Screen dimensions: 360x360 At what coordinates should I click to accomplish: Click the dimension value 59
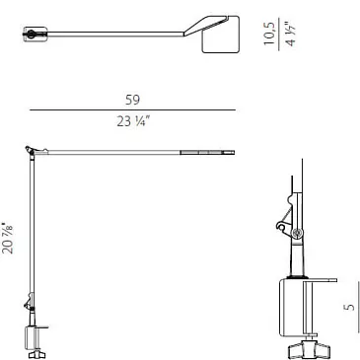pos(132,100)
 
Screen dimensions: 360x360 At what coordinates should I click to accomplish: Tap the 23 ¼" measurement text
pos(133,122)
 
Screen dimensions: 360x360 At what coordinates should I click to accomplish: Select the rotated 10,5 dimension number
pos(269,34)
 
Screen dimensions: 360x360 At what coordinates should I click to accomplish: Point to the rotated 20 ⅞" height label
pos(8,240)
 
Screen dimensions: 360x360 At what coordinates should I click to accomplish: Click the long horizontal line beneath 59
pos(133,109)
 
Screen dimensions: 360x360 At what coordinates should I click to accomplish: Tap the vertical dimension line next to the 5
pos(358,307)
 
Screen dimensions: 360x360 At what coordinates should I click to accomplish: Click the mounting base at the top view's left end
pos(35,35)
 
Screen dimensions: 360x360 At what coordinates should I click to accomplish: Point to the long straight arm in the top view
pos(115,34)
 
